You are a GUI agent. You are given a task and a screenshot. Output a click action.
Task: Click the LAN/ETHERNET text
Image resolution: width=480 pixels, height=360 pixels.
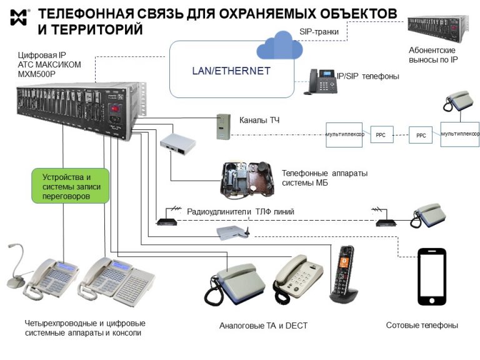click(231, 71)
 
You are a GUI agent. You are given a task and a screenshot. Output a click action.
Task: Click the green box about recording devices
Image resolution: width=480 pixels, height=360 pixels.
click(71, 186)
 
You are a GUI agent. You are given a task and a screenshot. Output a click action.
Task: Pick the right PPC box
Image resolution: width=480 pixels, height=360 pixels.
click(421, 135)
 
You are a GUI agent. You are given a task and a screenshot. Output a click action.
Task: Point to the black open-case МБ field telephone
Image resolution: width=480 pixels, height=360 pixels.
click(248, 179)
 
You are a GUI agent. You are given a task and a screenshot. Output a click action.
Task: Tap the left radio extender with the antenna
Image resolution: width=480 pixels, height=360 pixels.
click(165, 219)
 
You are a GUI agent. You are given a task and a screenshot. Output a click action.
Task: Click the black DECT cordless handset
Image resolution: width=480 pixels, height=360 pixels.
click(343, 274)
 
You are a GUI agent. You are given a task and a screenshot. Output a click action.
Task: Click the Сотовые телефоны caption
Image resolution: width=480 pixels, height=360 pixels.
click(422, 326)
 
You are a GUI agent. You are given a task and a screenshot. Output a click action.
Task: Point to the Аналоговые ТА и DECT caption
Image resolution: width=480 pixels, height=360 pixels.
click(263, 326)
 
